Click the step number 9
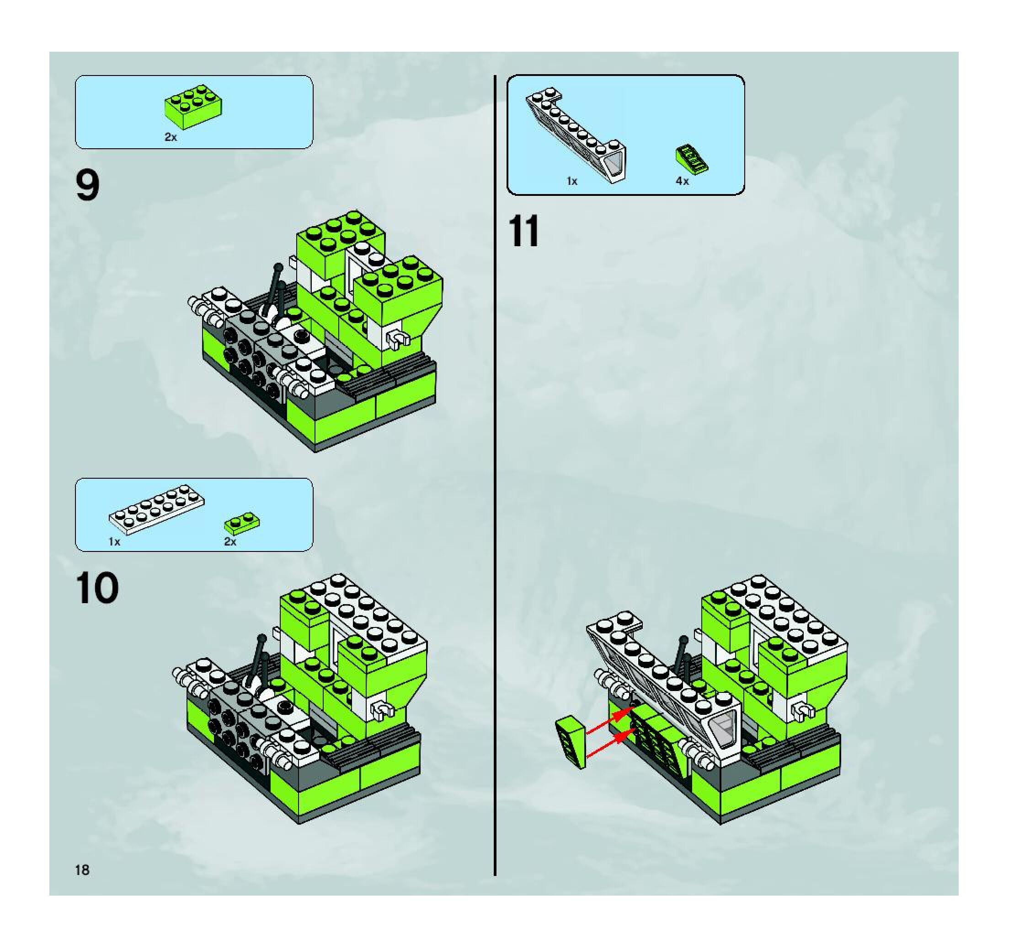point(87,185)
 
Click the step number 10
point(97,589)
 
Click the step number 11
point(524,231)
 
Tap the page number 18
point(82,870)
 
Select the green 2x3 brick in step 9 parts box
point(193,107)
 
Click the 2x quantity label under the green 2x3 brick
point(171,137)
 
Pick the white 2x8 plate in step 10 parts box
point(157,509)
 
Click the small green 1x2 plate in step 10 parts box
point(242,523)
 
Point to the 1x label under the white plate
point(114,541)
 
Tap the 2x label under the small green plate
point(230,541)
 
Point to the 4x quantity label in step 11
point(682,181)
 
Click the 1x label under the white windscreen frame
point(572,181)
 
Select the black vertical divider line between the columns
point(495,475)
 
